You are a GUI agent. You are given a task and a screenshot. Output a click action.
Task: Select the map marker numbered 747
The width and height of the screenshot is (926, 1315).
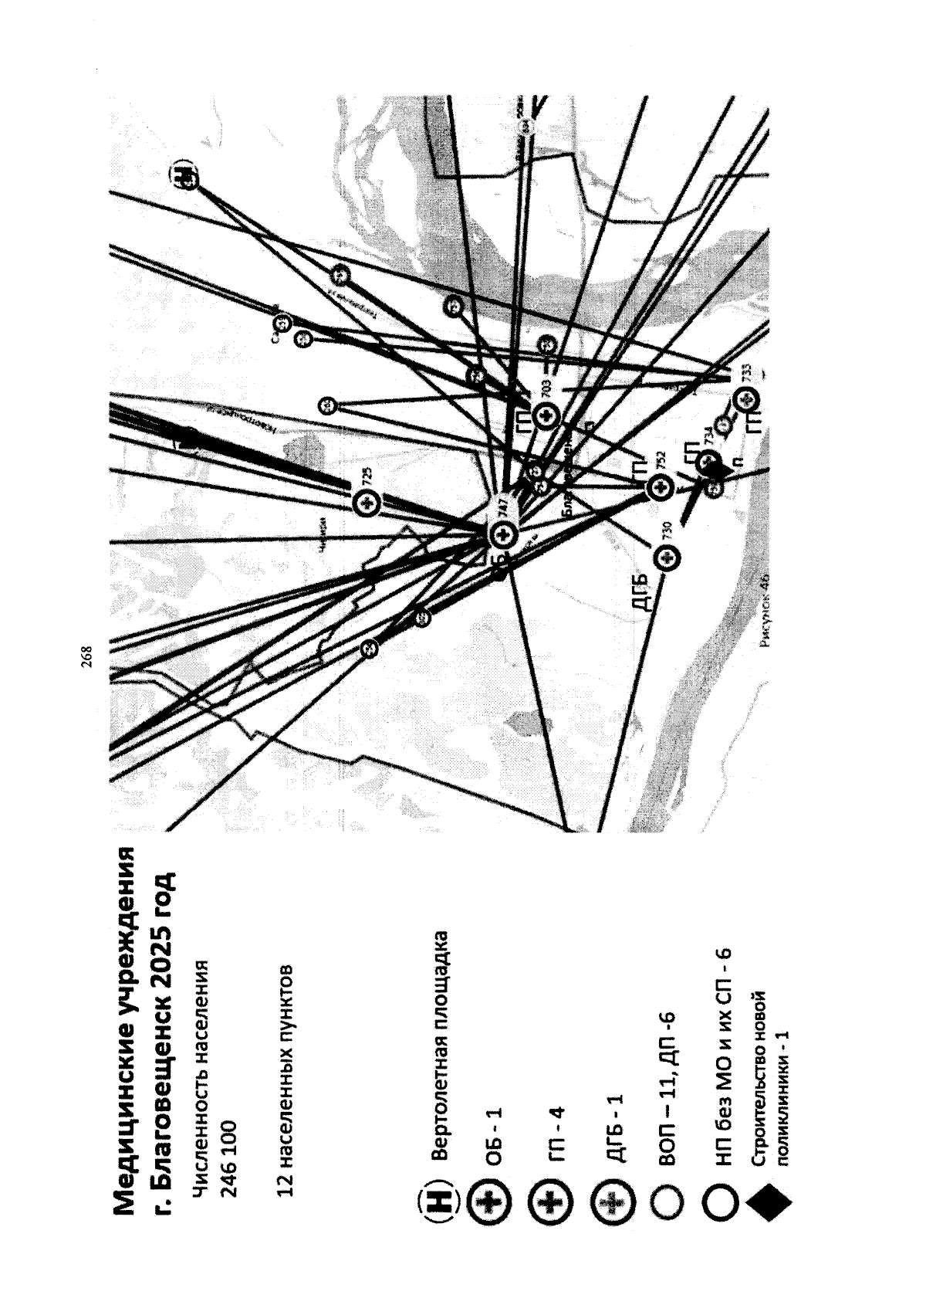pyautogui.click(x=502, y=533)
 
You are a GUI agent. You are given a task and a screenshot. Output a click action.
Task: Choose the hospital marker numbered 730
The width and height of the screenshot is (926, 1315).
pyautogui.click(x=666, y=557)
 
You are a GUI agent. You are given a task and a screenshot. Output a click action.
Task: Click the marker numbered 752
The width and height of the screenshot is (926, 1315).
pyautogui.click(x=658, y=487)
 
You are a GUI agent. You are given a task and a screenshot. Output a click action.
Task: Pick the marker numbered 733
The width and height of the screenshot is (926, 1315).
pyautogui.click(x=746, y=400)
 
